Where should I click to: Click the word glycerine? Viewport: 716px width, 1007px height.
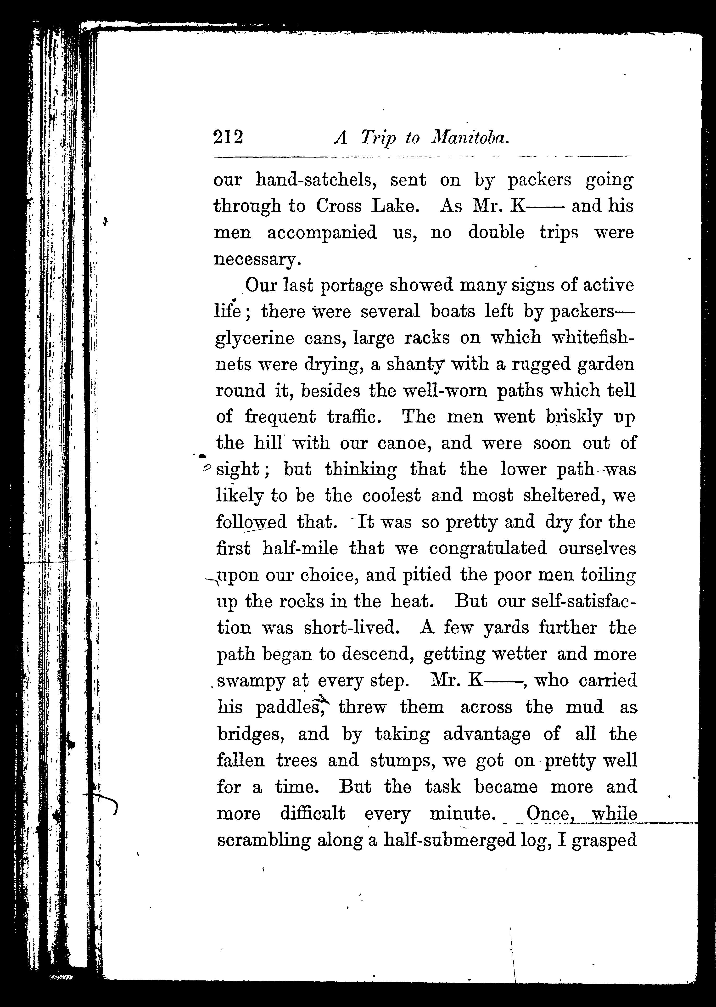click(254, 339)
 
